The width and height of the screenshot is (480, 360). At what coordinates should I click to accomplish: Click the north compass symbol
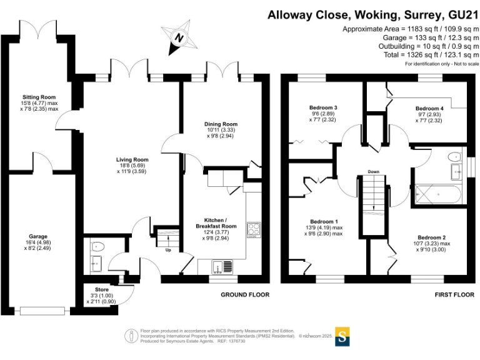click(x=179, y=37)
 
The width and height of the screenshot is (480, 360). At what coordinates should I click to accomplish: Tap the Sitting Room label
click(x=39, y=97)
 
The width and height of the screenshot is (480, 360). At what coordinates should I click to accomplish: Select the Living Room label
click(x=132, y=159)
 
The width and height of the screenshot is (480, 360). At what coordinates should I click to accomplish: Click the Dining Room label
click(x=221, y=124)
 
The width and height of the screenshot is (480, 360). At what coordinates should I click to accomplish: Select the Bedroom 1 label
click(x=324, y=222)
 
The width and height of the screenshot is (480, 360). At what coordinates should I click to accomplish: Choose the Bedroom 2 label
click(x=432, y=237)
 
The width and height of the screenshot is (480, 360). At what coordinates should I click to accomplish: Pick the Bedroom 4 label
click(x=429, y=108)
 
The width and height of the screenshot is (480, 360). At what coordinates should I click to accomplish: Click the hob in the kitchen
click(x=254, y=229)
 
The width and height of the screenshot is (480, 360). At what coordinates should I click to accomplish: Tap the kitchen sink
click(x=220, y=267)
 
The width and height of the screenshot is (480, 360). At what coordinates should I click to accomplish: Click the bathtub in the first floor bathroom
click(x=438, y=194)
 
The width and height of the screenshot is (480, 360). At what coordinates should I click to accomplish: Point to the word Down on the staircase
click(x=373, y=171)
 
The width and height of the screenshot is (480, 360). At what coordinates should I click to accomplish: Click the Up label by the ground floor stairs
click(x=167, y=250)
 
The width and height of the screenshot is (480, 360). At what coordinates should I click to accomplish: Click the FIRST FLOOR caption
click(x=454, y=294)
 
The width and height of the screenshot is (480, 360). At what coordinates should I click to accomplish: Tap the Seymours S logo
click(x=342, y=336)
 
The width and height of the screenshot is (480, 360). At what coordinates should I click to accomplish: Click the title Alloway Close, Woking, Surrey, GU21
click(x=372, y=14)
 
